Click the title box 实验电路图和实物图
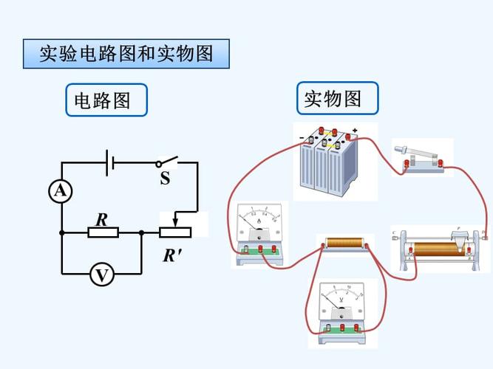point(126,55)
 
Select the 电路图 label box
point(106,100)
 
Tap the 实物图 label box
point(337,98)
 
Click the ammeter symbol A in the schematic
point(61,192)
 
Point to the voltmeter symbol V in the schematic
point(101,275)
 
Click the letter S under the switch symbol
point(165,179)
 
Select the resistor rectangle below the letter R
point(103,232)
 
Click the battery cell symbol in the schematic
point(109,163)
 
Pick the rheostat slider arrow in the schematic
point(174,219)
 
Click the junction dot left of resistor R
point(61,232)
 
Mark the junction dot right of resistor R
point(141,232)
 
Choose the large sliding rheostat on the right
point(439,248)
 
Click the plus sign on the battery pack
point(355,131)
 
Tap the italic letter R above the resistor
point(102,219)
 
